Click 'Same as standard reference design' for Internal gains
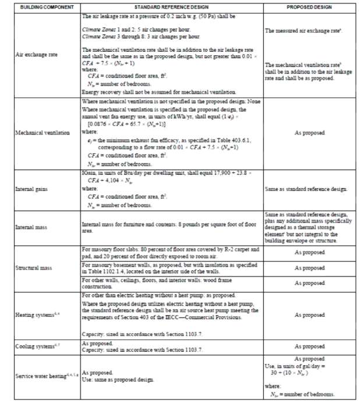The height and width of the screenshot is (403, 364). [306, 189]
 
